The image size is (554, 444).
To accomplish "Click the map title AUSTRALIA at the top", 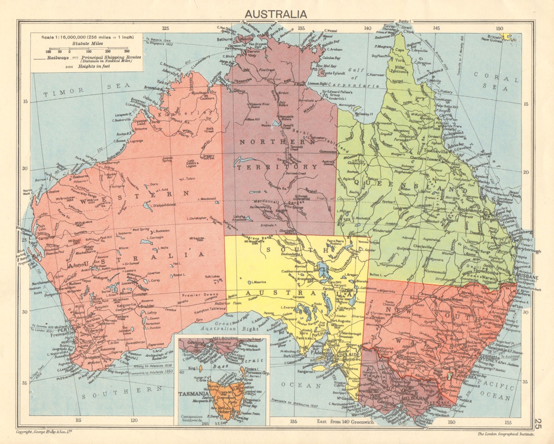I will coord(276,14).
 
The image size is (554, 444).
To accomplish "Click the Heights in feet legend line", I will coord(93,66).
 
